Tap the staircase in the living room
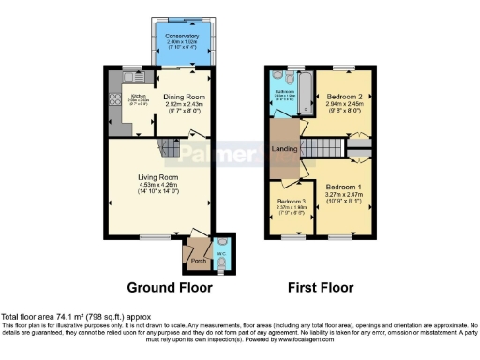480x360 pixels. [x=169, y=147]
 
